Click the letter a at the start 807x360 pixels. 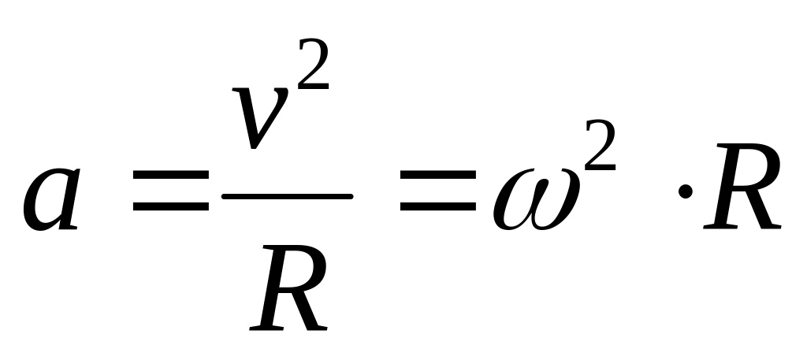[x=51, y=199]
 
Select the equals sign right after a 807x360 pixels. [x=171, y=191]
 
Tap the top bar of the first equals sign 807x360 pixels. [x=171, y=174]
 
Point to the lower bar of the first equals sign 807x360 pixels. [x=171, y=206]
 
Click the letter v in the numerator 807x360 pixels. [x=259, y=118]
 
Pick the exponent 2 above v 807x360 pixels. [x=313, y=64]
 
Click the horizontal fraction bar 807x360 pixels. [x=287, y=196]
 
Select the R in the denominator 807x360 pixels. [x=288, y=288]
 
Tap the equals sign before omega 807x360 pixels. [x=438, y=191]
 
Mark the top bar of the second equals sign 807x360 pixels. [x=438, y=174]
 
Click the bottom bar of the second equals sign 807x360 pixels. [x=438, y=206]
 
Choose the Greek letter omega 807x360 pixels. [x=536, y=199]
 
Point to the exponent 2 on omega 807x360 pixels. [x=600, y=144]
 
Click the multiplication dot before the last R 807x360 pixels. [x=685, y=192]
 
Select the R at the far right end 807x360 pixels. [x=742, y=186]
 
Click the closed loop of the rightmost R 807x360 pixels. [x=761, y=168]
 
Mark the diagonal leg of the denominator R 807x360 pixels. [x=307, y=310]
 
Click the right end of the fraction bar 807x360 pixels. [x=352, y=196]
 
